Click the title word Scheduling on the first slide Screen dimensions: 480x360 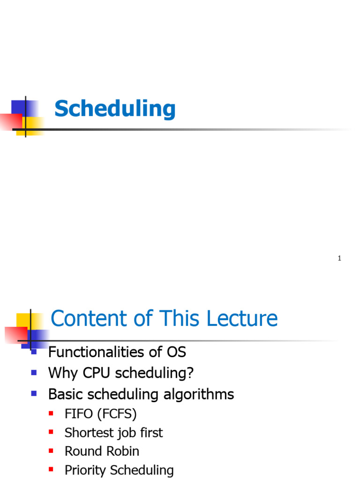pos(115,109)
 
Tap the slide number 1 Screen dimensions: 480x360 pos(339,259)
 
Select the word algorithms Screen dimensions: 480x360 pos(199,395)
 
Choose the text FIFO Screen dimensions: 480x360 pos(78,414)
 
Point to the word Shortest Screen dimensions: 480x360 pos(88,433)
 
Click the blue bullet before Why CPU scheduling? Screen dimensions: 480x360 pos(33,373)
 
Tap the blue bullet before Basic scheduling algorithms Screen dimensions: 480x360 pos(33,394)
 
